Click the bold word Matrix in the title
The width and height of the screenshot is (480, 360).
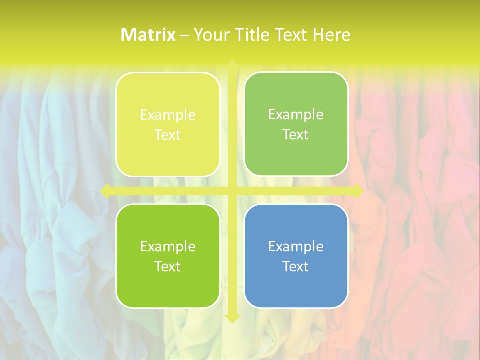(x=148, y=35)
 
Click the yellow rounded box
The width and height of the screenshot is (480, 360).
(x=168, y=125)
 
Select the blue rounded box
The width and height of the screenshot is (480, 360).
(x=296, y=256)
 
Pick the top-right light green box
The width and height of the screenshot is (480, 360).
(x=296, y=124)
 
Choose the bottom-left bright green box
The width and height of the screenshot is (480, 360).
(x=168, y=256)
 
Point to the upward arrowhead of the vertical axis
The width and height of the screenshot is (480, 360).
(x=232, y=64)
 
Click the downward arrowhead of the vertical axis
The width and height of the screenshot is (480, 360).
(x=232, y=318)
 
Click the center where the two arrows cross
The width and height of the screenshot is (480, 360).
(x=232, y=191)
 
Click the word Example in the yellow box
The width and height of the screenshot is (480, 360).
(x=168, y=115)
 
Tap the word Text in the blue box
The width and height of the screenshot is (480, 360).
(x=296, y=266)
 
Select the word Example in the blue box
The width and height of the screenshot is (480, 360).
(x=296, y=246)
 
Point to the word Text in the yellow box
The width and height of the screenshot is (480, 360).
(x=168, y=135)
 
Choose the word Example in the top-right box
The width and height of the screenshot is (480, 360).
(x=296, y=115)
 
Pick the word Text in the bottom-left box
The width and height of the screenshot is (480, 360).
(x=168, y=266)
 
